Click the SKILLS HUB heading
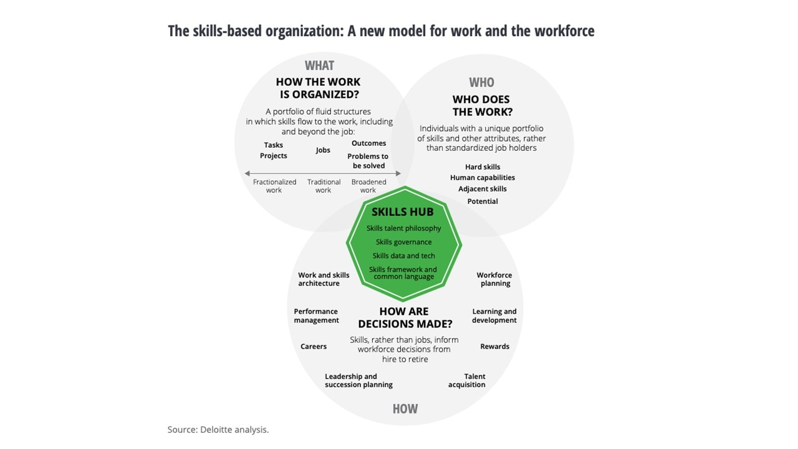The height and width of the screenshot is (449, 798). click(x=403, y=212)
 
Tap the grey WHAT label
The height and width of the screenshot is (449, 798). click(x=319, y=65)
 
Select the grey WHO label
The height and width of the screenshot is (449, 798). click(x=481, y=82)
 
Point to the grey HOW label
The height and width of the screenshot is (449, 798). click(x=405, y=409)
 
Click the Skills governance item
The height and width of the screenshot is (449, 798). click(x=403, y=242)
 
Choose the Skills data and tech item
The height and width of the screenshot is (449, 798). click(x=403, y=256)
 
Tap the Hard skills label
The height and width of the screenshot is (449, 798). click(x=483, y=167)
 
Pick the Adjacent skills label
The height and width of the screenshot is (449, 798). click(x=483, y=189)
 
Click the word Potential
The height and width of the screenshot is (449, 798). click(x=483, y=201)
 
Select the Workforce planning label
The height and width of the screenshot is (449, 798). click(x=494, y=279)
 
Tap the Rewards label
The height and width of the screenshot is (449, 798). click(x=494, y=347)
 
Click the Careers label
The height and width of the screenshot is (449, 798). click(x=314, y=347)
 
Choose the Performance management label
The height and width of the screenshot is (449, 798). click(x=316, y=316)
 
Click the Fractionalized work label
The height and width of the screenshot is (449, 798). click(x=274, y=186)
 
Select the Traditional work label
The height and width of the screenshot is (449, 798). click(x=324, y=186)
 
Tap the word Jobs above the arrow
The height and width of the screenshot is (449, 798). click(x=323, y=150)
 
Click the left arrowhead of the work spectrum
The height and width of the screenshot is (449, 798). click(x=248, y=173)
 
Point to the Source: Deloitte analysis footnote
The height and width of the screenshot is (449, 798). click(x=218, y=430)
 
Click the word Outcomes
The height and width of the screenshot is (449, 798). click(x=368, y=143)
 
